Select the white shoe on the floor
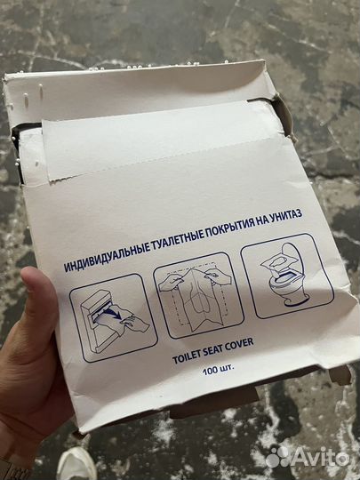(78, 463)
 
